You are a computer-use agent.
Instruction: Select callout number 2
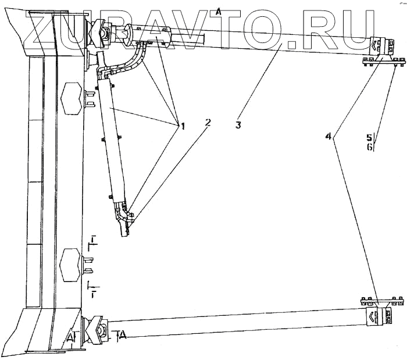click(207, 123)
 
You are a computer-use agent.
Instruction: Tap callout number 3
click(238, 124)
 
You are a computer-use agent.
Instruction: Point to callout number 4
click(330, 136)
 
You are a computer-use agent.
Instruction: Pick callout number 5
click(369, 138)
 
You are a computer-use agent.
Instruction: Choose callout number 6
click(369, 147)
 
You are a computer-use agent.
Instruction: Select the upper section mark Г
click(92, 241)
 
